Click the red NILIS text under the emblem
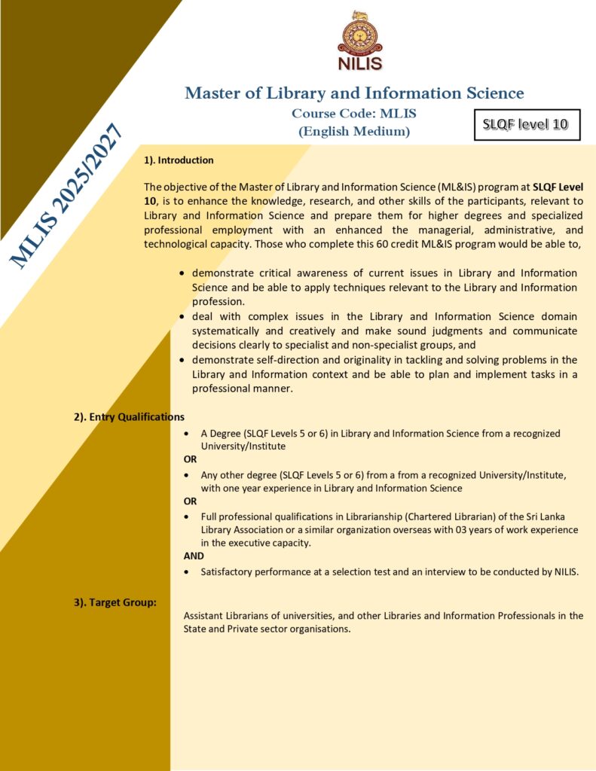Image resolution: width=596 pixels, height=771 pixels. (x=359, y=64)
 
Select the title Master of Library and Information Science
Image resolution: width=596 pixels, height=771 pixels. (x=354, y=93)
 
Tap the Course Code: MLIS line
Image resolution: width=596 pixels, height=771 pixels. (x=354, y=114)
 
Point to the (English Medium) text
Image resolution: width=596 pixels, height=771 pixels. (x=354, y=131)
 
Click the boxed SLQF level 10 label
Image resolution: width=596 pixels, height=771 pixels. (x=527, y=124)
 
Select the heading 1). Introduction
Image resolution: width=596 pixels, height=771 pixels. (x=179, y=160)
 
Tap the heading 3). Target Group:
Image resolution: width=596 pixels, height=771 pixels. (x=115, y=602)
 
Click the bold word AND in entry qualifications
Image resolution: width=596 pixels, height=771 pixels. (x=194, y=556)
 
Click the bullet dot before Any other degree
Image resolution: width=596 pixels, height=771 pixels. (x=187, y=476)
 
